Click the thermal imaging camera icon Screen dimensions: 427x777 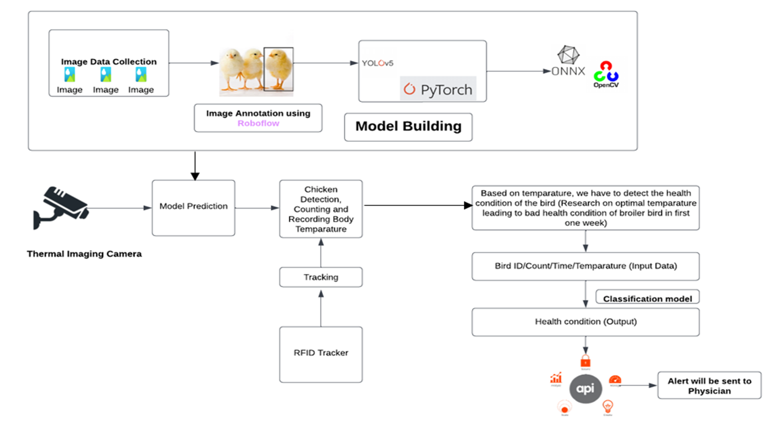point(60,208)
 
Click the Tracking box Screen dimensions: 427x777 point(321,277)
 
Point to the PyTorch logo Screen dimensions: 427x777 point(438,90)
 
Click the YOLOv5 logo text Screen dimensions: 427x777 point(377,63)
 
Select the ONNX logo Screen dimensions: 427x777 point(568,62)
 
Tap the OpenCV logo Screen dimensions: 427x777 point(606,75)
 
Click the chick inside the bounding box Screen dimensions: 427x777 point(279,69)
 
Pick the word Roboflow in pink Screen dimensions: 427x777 point(258,123)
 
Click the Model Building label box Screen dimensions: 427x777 point(408,127)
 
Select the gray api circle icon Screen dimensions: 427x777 point(585,388)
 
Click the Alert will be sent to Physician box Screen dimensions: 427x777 point(709,386)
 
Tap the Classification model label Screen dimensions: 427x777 point(647,299)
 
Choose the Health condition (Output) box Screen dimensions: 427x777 point(585,322)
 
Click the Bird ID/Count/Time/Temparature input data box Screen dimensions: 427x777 point(585,266)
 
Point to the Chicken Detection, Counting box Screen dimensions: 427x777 point(321,209)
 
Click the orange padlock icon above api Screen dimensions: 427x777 point(585,361)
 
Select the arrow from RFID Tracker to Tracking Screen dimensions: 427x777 point(321,309)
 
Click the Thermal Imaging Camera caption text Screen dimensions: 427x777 point(84,254)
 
